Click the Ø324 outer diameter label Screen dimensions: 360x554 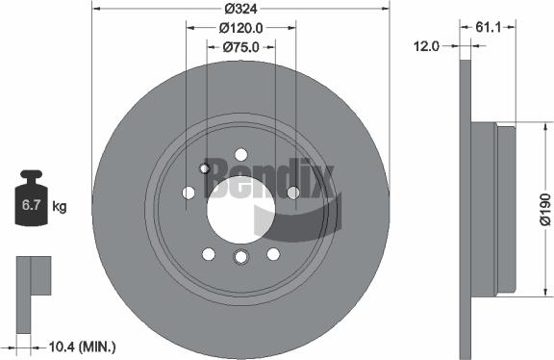240,10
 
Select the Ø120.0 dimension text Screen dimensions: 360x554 241,28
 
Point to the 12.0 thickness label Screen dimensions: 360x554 426,45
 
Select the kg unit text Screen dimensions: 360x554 60,206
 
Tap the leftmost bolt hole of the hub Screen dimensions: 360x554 189,193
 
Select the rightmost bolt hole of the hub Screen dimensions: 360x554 293,193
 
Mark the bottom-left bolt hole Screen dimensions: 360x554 208,253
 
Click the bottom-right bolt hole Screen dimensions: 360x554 273,253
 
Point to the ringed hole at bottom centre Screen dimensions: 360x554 240,256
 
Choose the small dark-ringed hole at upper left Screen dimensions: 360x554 204,168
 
